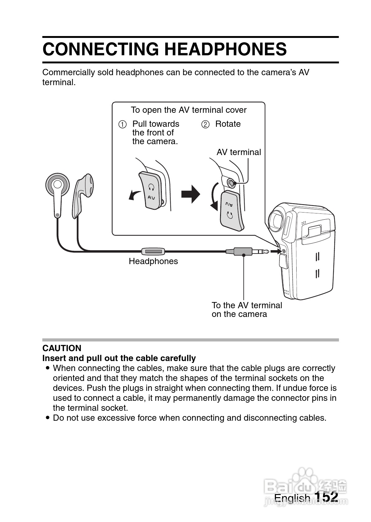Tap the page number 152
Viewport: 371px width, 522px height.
(x=326, y=497)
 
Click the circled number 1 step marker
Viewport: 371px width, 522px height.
(x=122, y=125)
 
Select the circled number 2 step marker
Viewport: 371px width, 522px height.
(x=205, y=125)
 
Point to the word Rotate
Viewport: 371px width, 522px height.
(x=228, y=124)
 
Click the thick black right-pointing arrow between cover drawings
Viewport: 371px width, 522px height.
(x=190, y=194)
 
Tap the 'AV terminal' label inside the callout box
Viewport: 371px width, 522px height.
(x=238, y=152)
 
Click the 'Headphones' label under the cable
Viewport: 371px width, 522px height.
(x=153, y=261)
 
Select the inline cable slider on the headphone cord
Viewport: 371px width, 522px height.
(x=153, y=251)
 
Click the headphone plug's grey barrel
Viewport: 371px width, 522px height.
(x=243, y=251)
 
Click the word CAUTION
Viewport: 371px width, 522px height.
(x=62, y=348)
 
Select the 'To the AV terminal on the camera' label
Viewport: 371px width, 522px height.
(x=247, y=310)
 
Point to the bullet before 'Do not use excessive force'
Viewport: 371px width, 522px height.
(x=47, y=418)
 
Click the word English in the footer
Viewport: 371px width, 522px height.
(x=292, y=498)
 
